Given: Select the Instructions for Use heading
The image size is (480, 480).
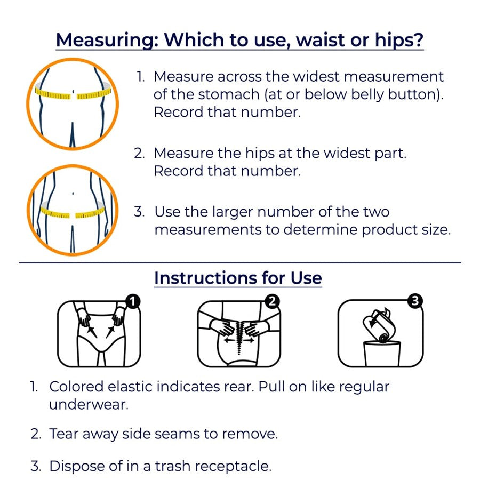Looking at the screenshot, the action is (x=238, y=278).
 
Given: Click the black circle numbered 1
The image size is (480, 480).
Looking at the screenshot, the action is (x=133, y=301).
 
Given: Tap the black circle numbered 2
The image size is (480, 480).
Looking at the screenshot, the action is (x=272, y=301).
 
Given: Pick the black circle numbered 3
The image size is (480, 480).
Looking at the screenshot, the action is (x=415, y=301).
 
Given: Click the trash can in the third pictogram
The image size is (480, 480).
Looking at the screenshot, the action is (x=382, y=354).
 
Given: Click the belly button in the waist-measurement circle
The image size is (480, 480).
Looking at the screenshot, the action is (x=73, y=92).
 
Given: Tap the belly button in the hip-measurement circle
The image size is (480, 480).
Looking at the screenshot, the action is (x=73, y=194).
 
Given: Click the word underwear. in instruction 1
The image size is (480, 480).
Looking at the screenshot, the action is (x=89, y=405).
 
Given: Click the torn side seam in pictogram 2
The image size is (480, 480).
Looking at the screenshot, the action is (x=239, y=337).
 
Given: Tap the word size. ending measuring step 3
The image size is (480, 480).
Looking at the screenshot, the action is (x=436, y=230).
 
